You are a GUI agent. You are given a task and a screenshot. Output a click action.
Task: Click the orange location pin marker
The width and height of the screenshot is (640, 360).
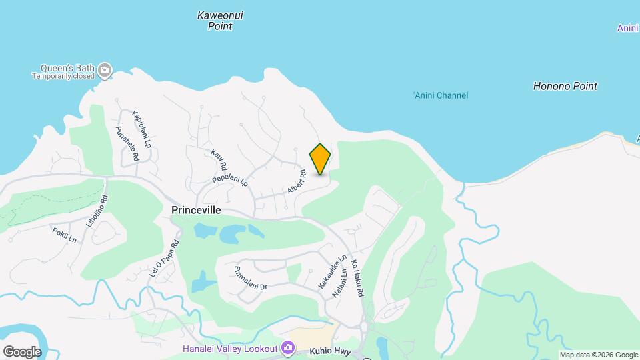pyautogui.click(x=320, y=159)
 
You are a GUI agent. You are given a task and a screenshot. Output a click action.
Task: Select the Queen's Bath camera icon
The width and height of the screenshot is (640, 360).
pyautogui.click(x=104, y=69)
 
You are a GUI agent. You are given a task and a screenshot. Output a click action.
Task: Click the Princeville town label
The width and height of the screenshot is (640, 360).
pyautogui.click(x=196, y=209)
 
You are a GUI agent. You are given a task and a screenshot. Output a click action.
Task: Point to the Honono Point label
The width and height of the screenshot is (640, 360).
pyautogui.click(x=565, y=86)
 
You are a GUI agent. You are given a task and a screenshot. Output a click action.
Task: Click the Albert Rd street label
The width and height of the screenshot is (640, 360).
pyautogui.click(x=297, y=182)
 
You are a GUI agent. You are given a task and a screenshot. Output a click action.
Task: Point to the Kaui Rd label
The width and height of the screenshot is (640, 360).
pyautogui.click(x=219, y=159)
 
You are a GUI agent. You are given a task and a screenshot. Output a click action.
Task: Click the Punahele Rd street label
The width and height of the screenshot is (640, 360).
pyautogui.click(x=127, y=143)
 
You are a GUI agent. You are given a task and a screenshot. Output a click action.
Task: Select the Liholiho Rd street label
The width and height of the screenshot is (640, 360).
pyautogui.click(x=104, y=208)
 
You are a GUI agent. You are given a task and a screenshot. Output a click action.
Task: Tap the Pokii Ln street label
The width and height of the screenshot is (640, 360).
pyautogui.click(x=64, y=235)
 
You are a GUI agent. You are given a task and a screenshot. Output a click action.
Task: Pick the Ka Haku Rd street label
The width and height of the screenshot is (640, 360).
pyautogui.click(x=360, y=278)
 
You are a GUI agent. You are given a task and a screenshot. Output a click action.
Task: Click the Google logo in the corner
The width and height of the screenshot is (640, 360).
pyautogui.click(x=22, y=351)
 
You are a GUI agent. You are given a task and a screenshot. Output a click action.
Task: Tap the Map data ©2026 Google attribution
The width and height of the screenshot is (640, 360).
pyautogui.click(x=599, y=355)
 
